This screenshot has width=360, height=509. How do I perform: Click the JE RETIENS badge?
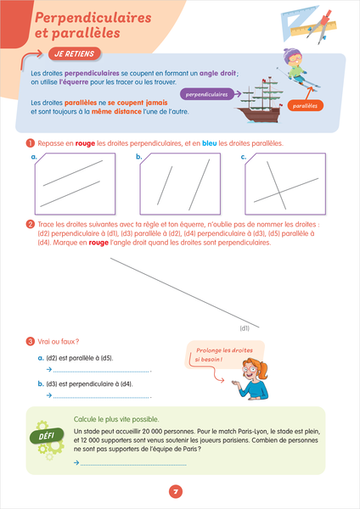[x=75, y=54]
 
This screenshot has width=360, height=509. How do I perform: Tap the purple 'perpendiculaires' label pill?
[x=206, y=94]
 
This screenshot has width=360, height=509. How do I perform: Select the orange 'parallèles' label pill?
[x=305, y=106]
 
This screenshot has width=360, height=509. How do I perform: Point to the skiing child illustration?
[x=296, y=68]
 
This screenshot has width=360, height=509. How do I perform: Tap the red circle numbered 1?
[x=31, y=143]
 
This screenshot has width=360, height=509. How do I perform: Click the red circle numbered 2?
[x=31, y=224]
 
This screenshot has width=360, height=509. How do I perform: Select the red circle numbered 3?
[x=31, y=342]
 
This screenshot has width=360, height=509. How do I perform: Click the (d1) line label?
[x=245, y=328]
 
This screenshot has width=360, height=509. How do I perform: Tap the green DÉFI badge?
[x=47, y=436]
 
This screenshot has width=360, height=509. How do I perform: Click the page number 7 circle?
[x=176, y=491]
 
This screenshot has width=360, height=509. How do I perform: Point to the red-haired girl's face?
[x=251, y=369]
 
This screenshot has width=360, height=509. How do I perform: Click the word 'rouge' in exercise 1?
[x=85, y=143]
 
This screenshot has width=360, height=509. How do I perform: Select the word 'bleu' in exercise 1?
[x=209, y=143]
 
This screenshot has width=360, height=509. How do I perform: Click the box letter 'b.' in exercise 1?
[x=139, y=157]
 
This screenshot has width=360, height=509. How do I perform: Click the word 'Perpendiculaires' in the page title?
[x=93, y=18]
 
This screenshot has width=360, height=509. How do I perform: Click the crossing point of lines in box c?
[x=278, y=193]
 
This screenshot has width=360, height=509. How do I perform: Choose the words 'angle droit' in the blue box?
[x=217, y=73]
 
